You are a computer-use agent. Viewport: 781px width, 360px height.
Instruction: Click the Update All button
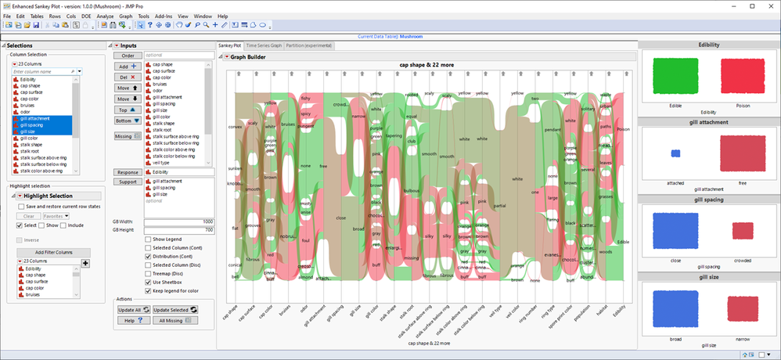(129, 310)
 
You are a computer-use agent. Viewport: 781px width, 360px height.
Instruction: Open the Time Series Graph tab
(263, 46)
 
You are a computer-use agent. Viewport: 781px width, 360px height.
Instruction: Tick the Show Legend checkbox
(149, 238)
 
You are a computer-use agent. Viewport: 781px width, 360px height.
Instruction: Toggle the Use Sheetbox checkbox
(149, 282)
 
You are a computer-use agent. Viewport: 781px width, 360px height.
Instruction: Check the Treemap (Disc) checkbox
(149, 273)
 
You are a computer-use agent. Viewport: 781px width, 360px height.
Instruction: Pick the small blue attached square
(675, 153)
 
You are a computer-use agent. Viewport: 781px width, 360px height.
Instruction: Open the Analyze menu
(105, 16)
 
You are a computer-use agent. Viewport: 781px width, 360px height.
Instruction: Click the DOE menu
(87, 16)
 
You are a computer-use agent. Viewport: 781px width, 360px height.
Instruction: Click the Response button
(128, 172)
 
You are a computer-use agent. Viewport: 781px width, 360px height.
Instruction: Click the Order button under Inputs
(128, 55)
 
